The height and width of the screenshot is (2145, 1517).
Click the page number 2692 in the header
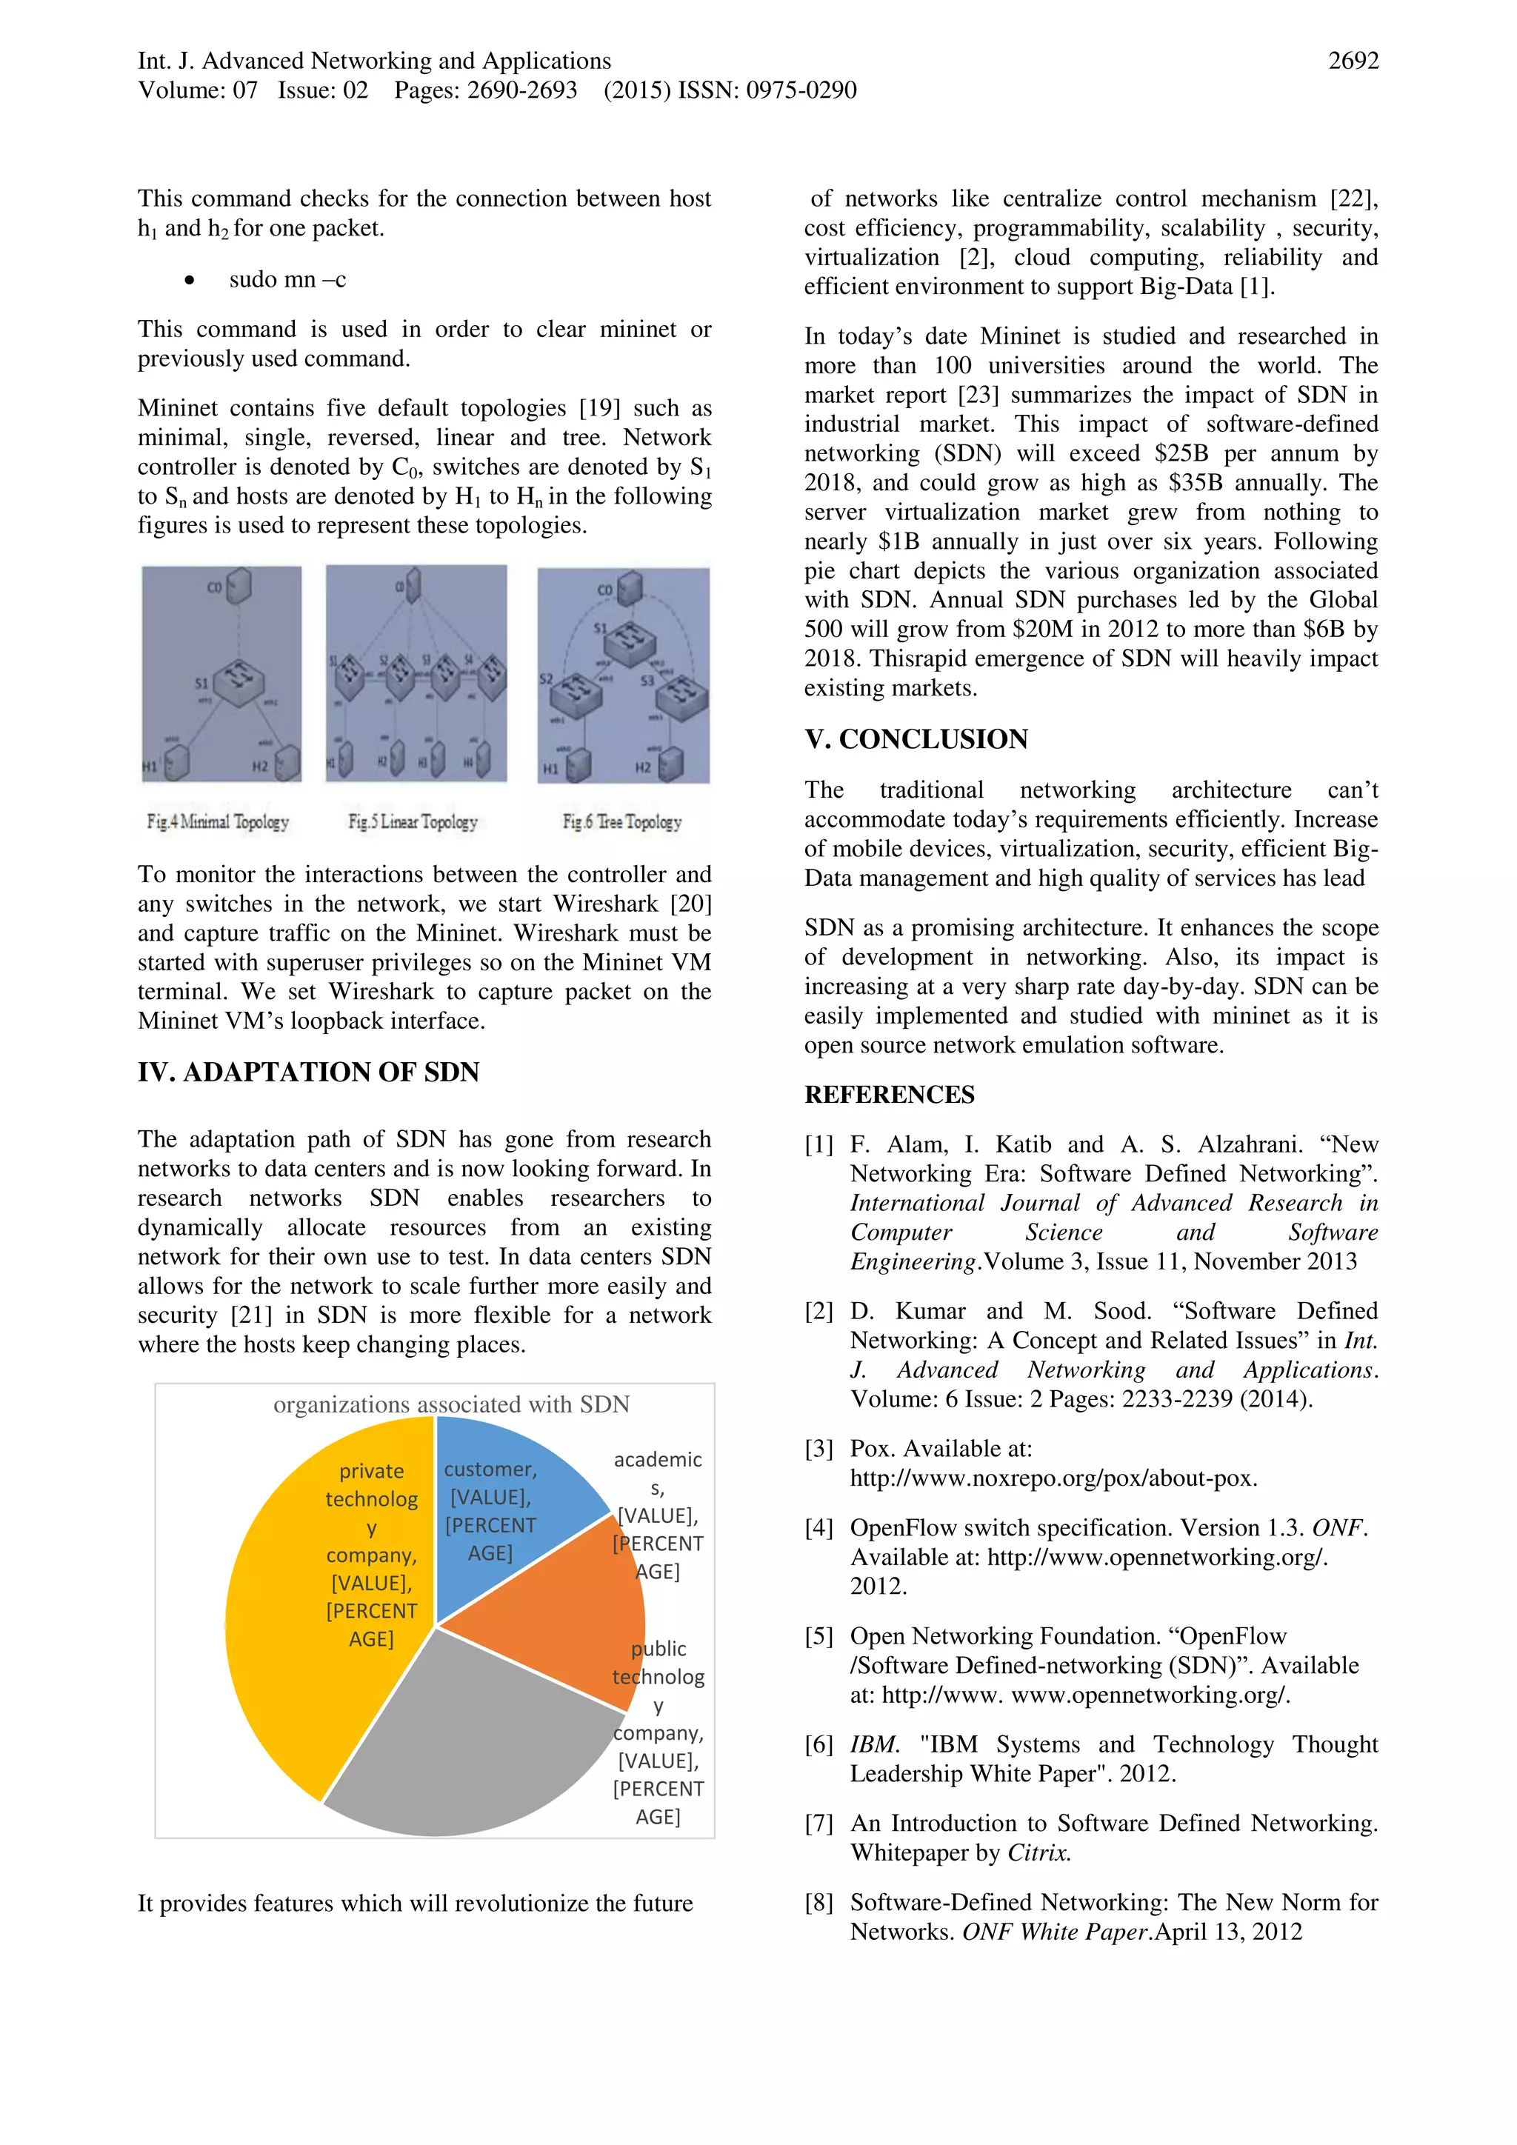tap(1353, 61)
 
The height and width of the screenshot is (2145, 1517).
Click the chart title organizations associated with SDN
tap(451, 1404)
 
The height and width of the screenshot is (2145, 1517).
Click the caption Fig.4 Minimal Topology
tap(218, 822)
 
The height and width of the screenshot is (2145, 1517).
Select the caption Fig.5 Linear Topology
tap(413, 822)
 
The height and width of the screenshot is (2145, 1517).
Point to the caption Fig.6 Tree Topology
tap(622, 822)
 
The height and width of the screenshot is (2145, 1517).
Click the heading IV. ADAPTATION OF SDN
tap(308, 1072)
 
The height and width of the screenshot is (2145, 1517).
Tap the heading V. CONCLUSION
tap(916, 739)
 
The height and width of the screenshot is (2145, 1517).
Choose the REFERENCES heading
tap(890, 1094)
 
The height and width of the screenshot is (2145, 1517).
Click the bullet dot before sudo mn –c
tap(190, 280)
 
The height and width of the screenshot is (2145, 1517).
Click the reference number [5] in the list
tap(818, 1636)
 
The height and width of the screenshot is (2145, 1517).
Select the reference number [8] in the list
tap(818, 1902)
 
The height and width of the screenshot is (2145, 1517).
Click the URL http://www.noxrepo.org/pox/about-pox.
tap(1053, 1478)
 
